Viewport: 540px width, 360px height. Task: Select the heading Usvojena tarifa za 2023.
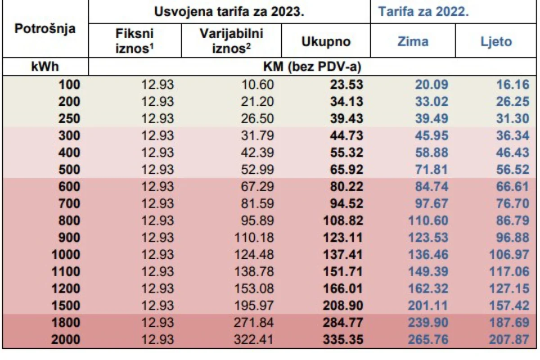coord(229,12)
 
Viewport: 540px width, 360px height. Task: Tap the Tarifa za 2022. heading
coord(423,12)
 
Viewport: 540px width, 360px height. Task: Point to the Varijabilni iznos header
coord(231,41)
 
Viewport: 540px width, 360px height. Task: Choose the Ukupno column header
coord(326,42)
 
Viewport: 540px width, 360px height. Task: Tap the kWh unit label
coord(45,67)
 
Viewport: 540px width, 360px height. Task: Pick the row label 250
coord(69,119)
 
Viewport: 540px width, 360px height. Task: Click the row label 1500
coord(66,306)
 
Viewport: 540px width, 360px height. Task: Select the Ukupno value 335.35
coord(343,340)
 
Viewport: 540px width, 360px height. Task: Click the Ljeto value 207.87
coord(509,340)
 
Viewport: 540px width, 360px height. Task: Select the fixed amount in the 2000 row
coord(157,340)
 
